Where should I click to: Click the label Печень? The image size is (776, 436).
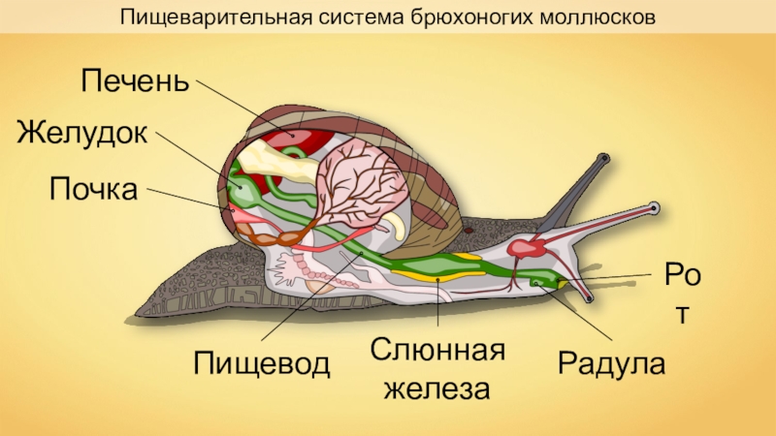(133, 80)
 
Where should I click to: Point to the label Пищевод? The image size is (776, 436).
(262, 364)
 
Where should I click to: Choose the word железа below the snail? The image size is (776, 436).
(436, 390)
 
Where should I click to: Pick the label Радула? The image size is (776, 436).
(611, 364)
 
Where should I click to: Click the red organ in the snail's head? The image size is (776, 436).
(529, 248)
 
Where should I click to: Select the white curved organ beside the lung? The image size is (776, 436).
(397, 226)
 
